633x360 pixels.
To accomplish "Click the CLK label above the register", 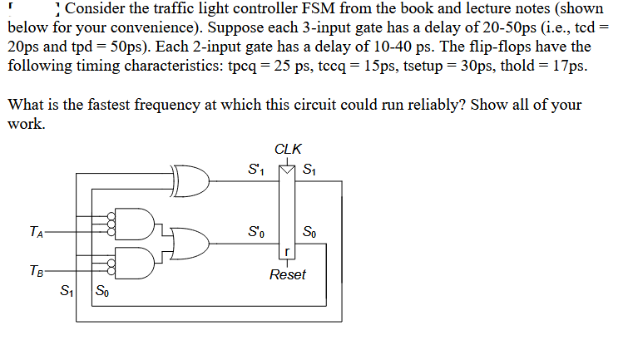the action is coord(288,149).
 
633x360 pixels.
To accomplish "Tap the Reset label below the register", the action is coord(288,274).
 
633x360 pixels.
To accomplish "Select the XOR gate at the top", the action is coord(190,180).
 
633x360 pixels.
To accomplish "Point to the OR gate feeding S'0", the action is coord(190,244).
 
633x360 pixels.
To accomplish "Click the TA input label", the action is coord(36,232).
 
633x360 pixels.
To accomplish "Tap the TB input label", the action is coord(36,270).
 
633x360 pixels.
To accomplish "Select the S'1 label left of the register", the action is coord(256,169).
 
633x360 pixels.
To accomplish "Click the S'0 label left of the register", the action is coord(256,232).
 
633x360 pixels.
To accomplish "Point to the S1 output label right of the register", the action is coord(309,169).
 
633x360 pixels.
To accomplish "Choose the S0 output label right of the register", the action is coord(309,232).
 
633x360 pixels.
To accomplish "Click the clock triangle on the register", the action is coord(287,170).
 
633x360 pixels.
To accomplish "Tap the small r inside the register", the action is coord(287,252).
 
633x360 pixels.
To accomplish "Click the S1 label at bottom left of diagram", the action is coord(67,290).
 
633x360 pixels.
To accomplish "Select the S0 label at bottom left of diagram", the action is coord(102,290).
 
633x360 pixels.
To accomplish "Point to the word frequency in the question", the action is coord(167,106).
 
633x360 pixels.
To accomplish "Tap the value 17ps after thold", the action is coord(570,66).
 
